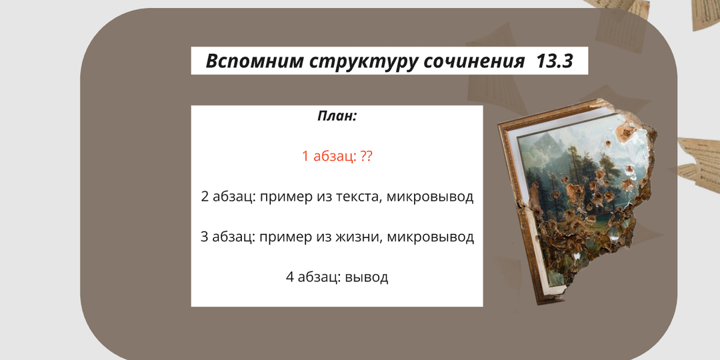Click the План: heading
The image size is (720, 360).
(x=337, y=116)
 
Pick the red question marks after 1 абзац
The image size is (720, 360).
(x=365, y=157)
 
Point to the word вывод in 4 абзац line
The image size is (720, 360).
(x=367, y=277)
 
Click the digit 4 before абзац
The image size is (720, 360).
(x=290, y=277)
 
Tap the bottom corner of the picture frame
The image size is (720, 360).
(x=547, y=300)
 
